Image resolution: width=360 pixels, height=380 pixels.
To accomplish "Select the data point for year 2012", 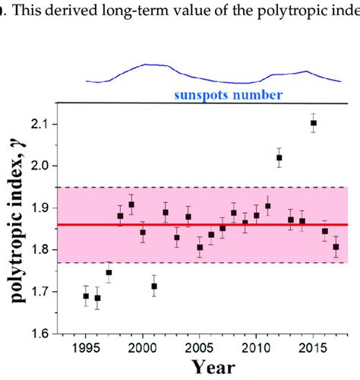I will pyautogui.click(x=279, y=158).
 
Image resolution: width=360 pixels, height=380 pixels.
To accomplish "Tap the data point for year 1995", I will pyautogui.click(x=86, y=296).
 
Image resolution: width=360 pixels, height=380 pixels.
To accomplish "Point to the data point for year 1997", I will pyautogui.click(x=109, y=273).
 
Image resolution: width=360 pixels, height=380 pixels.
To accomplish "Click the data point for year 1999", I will pyautogui.click(x=131, y=204).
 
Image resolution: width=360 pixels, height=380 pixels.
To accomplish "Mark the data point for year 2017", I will pyautogui.click(x=336, y=247).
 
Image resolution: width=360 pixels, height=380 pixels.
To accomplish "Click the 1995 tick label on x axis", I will pyautogui.click(x=86, y=347).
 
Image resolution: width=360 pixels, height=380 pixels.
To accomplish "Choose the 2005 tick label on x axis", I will pyautogui.click(x=200, y=347).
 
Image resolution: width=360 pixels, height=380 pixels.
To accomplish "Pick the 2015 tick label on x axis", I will pyautogui.click(x=313, y=347).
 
